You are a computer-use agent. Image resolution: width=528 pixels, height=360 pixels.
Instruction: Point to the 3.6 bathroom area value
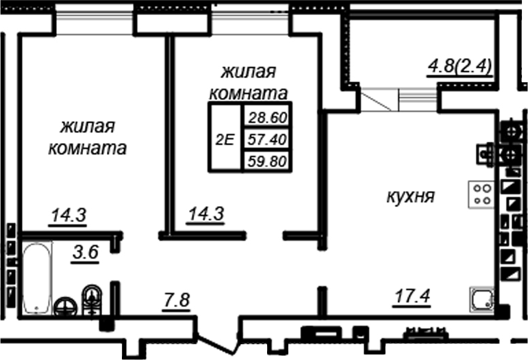click(x=86, y=253)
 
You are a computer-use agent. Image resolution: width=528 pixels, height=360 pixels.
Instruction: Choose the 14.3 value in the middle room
click(x=206, y=215)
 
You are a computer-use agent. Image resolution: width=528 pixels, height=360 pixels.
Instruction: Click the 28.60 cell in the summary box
click(x=266, y=117)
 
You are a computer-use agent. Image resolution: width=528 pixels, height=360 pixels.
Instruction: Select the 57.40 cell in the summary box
click(x=266, y=140)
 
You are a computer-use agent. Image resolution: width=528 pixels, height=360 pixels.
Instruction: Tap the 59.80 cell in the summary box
click(x=266, y=162)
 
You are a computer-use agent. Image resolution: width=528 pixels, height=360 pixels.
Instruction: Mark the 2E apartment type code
click(x=225, y=140)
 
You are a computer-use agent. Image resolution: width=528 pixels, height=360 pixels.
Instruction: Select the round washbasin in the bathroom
click(x=66, y=306)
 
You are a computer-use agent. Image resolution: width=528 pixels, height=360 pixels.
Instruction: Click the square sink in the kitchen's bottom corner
click(x=482, y=300)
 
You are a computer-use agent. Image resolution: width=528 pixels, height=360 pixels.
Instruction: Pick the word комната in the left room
click(x=87, y=149)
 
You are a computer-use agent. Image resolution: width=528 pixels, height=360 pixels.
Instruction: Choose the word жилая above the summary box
click(x=249, y=71)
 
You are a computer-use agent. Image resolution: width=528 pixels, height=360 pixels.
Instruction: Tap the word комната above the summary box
click(x=247, y=93)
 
